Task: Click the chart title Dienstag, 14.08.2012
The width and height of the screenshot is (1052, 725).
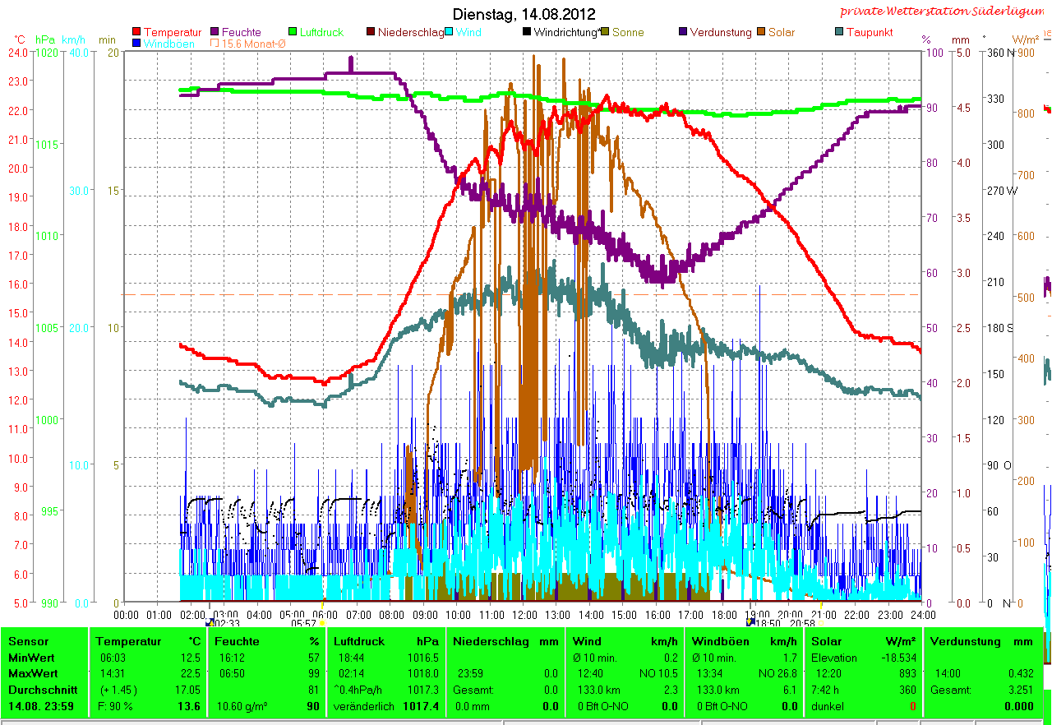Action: pyautogui.click(x=524, y=14)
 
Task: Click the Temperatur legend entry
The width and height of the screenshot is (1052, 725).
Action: pyautogui.click(x=172, y=32)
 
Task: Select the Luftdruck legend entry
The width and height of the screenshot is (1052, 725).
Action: pyautogui.click(x=321, y=32)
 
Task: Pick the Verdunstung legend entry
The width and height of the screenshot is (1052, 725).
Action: pyautogui.click(x=720, y=32)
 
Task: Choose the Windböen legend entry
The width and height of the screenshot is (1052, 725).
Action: pyautogui.click(x=168, y=44)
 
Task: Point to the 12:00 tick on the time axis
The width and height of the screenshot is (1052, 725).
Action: pyautogui.click(x=524, y=614)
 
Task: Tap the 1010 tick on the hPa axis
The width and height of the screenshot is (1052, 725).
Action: pyautogui.click(x=47, y=236)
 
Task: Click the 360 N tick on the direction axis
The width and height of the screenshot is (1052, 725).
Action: pyautogui.click(x=1000, y=52)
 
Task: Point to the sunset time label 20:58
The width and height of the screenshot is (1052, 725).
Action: pyautogui.click(x=802, y=624)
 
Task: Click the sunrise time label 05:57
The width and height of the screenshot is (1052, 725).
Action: pyautogui.click(x=304, y=624)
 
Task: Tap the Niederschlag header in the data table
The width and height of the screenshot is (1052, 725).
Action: pyautogui.click(x=483, y=641)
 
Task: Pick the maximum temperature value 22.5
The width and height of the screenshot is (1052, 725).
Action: pyautogui.click(x=193, y=672)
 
